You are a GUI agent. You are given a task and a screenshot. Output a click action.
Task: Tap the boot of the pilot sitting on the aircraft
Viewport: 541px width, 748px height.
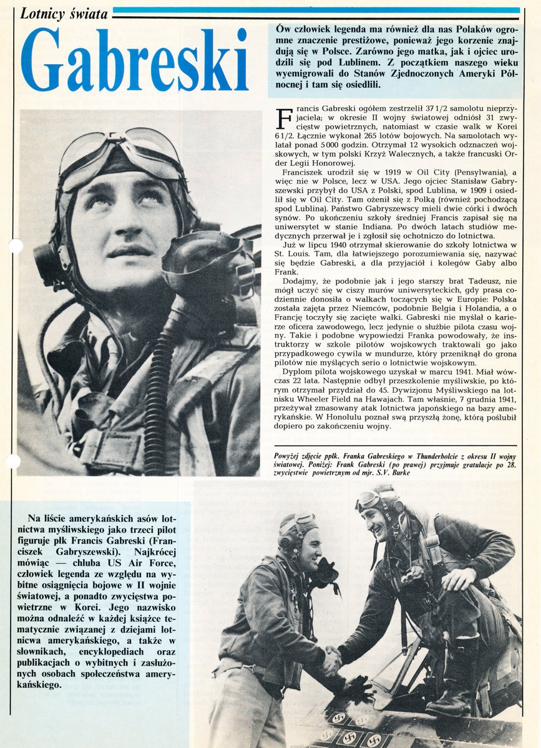(452, 698)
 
